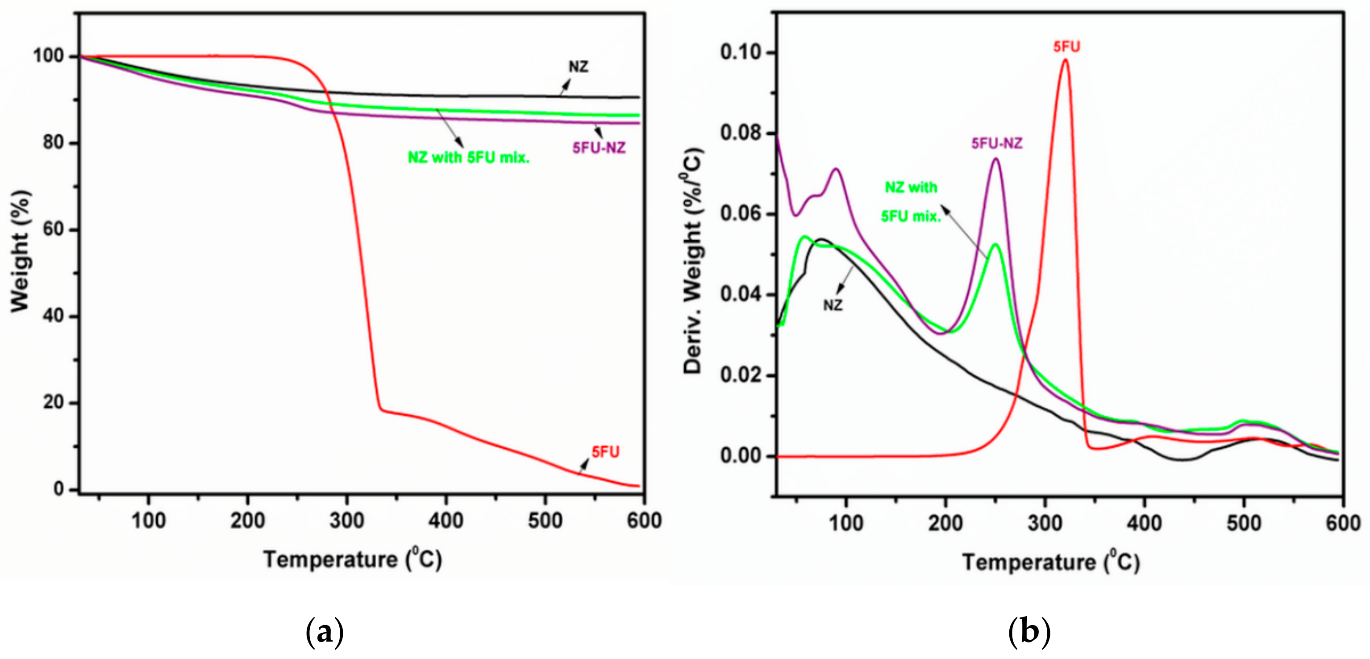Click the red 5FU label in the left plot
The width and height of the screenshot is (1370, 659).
[x=605, y=452]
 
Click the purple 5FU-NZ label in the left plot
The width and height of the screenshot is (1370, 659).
[x=599, y=148]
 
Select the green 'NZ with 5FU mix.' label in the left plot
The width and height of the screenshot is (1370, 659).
[x=469, y=158]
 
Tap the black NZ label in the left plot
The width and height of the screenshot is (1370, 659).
[x=579, y=67]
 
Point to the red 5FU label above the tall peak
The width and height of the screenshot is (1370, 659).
[x=1067, y=47]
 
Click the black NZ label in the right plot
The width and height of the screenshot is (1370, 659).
[x=833, y=305]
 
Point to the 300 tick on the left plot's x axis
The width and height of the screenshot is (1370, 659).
[x=347, y=520]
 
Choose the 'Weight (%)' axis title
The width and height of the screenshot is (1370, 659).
[x=20, y=251]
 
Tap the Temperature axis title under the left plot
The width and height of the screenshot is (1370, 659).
[x=353, y=559]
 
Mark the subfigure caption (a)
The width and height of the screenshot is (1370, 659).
[x=325, y=632]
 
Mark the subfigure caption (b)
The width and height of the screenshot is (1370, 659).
[x=1029, y=632]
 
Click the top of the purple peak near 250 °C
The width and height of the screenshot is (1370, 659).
[x=995, y=158]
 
